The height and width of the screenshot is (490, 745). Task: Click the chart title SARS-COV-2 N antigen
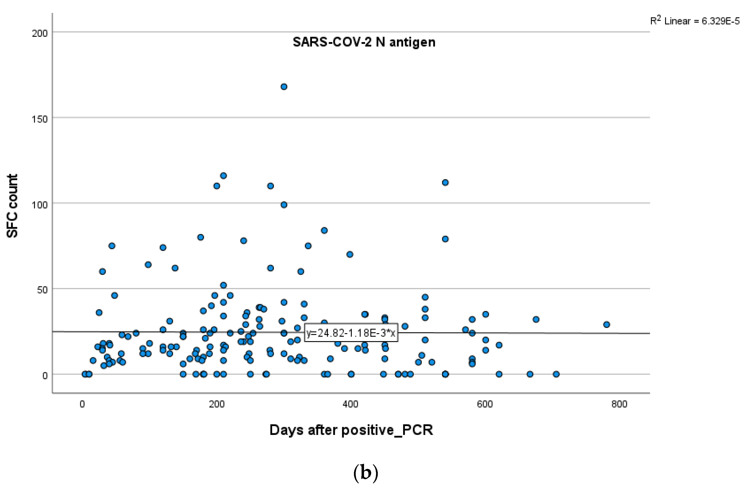pyautogui.click(x=364, y=42)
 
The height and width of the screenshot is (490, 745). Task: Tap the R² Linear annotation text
pyautogui.click(x=695, y=21)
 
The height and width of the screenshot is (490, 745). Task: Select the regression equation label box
pyautogui.click(x=351, y=333)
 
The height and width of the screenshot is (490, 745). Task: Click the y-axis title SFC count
pyautogui.click(x=12, y=206)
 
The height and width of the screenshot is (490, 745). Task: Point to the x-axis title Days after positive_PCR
pyautogui.click(x=351, y=430)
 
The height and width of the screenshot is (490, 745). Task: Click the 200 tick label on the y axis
pyautogui.click(x=40, y=33)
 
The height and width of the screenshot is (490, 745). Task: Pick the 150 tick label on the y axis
pyautogui.click(x=40, y=119)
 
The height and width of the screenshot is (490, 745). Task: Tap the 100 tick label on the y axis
pyautogui.click(x=40, y=205)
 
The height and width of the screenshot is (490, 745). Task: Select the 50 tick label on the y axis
pyautogui.click(x=42, y=290)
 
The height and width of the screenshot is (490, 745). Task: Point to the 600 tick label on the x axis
pyautogui.click(x=485, y=404)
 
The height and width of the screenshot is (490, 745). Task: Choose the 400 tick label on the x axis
pyautogui.click(x=350, y=404)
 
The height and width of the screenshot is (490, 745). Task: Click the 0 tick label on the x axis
pyautogui.click(x=82, y=404)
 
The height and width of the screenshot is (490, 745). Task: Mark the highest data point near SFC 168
pyautogui.click(x=284, y=87)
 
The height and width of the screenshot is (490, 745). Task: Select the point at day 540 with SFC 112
pyautogui.click(x=445, y=183)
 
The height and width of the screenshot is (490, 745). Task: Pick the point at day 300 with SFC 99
pyautogui.click(x=284, y=205)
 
